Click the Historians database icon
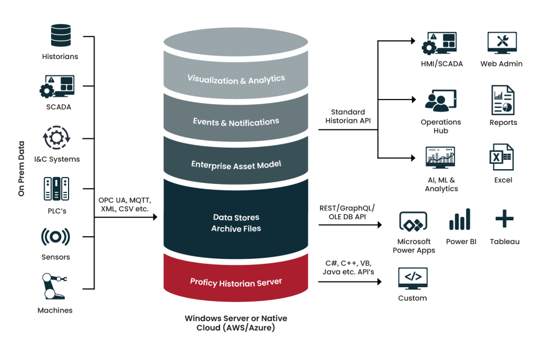click(x=60, y=35)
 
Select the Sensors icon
click(x=55, y=238)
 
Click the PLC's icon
click(x=55, y=189)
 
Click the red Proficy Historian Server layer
click(x=236, y=282)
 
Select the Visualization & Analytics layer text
click(x=236, y=80)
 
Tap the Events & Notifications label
click(x=236, y=122)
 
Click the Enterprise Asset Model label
click(x=236, y=164)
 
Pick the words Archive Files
click(x=236, y=229)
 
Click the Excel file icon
click(x=502, y=157)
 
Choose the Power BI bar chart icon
click(x=459, y=219)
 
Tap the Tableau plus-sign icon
click(x=505, y=218)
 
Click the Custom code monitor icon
click(x=412, y=278)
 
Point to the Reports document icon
click(x=503, y=100)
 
